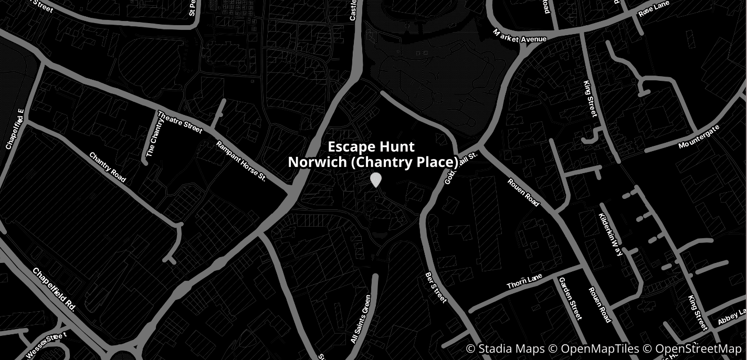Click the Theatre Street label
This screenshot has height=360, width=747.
(180, 122)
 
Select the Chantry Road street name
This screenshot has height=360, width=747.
(108, 167)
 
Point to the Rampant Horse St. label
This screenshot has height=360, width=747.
(241, 162)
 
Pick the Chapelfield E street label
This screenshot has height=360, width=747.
(15, 129)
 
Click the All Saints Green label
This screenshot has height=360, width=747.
(361, 319)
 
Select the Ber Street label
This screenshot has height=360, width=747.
(436, 287)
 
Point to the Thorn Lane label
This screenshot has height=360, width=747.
(524, 281)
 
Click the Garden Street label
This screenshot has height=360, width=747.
(570, 298)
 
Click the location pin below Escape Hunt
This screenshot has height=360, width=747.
(375, 179)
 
